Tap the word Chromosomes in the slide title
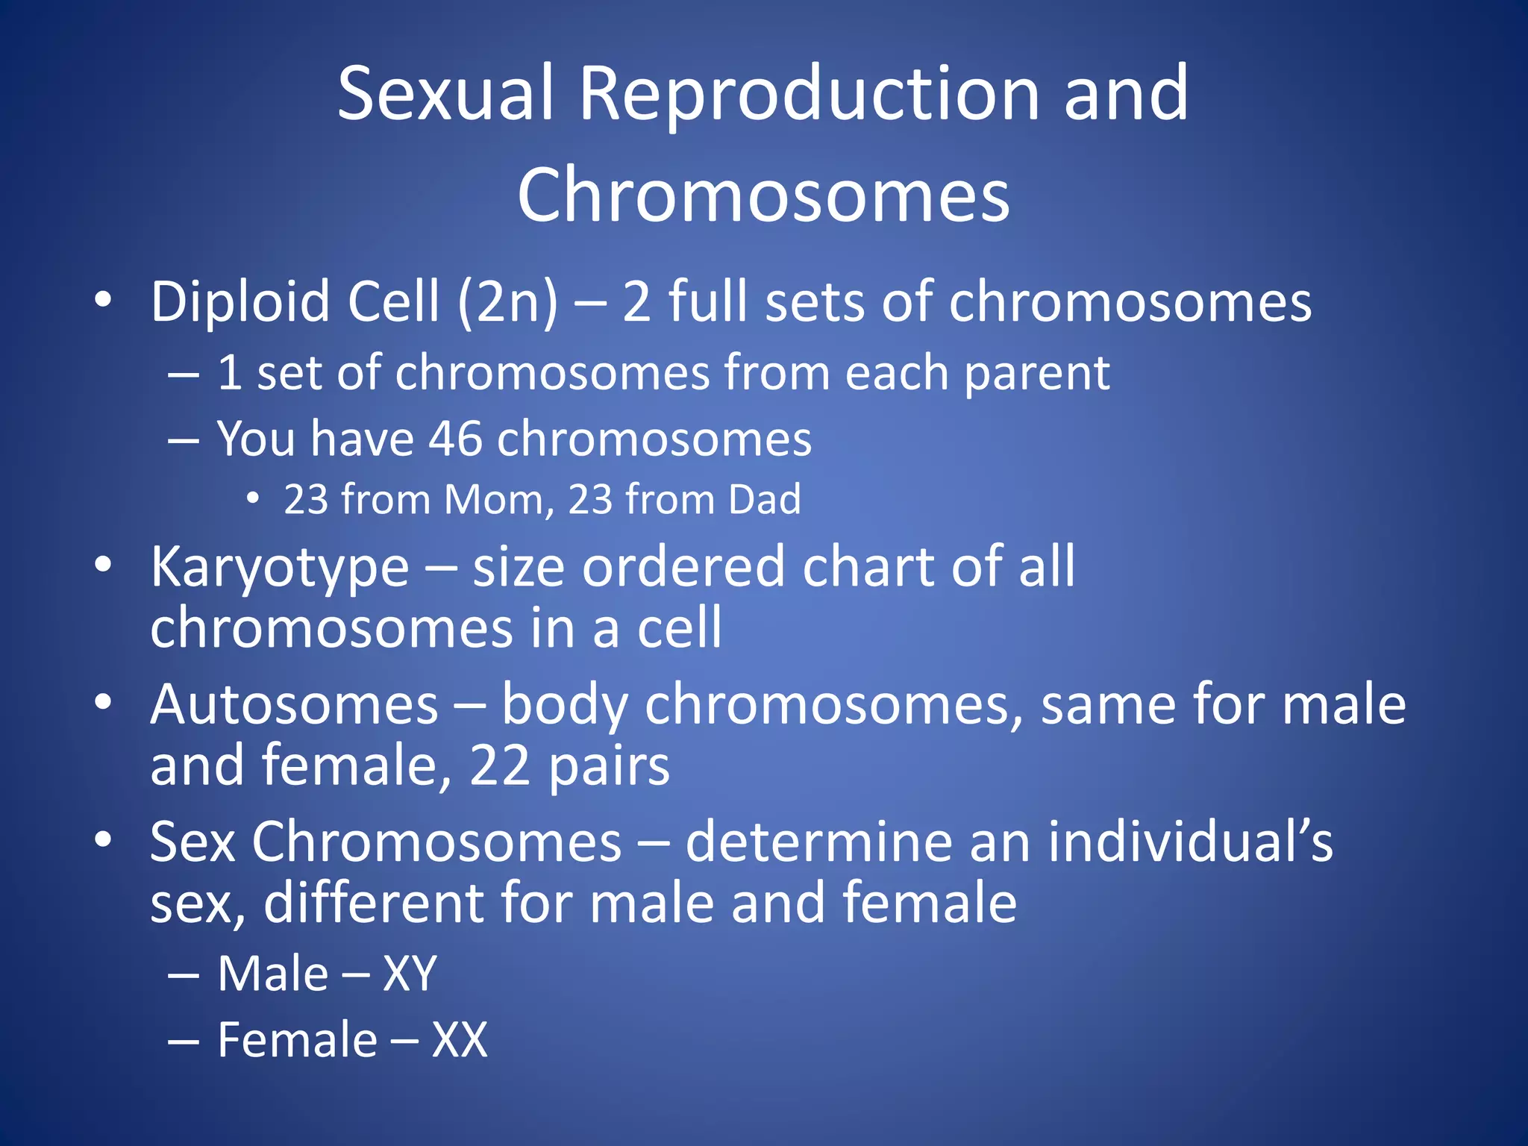click(x=763, y=195)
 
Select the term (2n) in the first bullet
click(x=507, y=302)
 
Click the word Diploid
click(x=240, y=302)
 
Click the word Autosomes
click(x=294, y=705)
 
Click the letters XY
click(x=410, y=974)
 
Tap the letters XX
click(x=460, y=1040)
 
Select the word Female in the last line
click(x=297, y=1040)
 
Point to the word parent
click(x=1036, y=373)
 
